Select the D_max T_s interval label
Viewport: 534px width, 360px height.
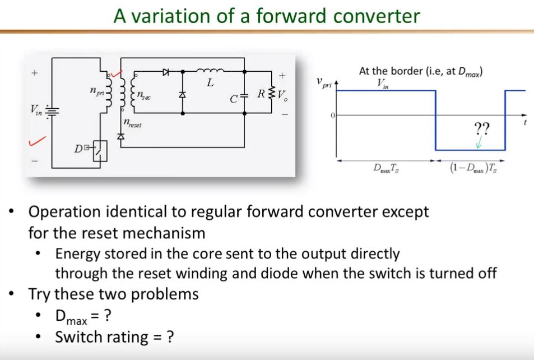tap(387, 168)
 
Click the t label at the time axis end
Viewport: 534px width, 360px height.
tap(526, 122)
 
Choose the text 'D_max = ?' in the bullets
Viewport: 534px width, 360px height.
tap(82, 316)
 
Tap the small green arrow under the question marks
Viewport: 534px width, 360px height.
tap(478, 144)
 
